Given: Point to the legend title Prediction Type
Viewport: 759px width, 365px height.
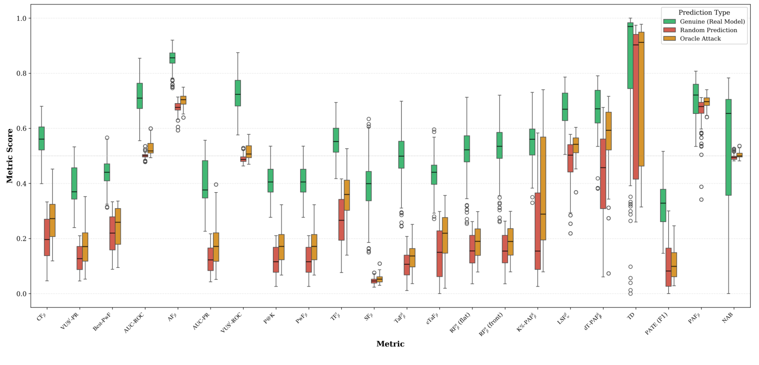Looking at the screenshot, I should pyautogui.click(x=704, y=13).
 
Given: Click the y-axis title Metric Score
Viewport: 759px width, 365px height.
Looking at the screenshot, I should pyautogui.click(x=10, y=156).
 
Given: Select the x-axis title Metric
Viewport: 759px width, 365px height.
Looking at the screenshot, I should pyautogui.click(x=390, y=344).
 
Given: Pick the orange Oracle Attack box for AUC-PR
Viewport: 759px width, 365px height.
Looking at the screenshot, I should pyautogui.click(x=216, y=247).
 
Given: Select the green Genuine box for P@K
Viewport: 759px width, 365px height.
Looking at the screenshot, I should pyautogui.click(x=271, y=181).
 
